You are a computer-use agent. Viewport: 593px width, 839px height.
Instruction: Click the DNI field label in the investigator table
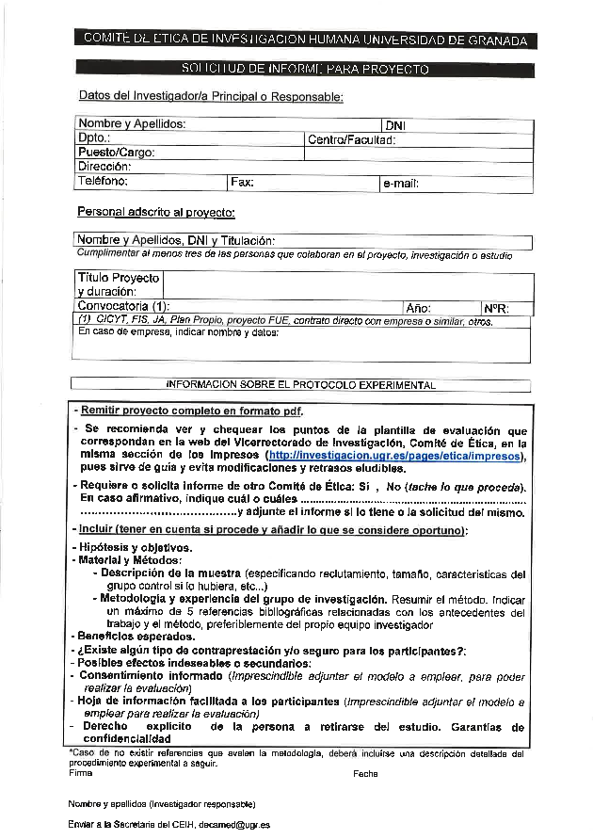[394, 125]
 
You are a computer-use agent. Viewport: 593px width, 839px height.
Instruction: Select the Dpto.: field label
[94, 138]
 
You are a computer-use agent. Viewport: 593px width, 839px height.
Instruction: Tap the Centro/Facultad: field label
[351, 139]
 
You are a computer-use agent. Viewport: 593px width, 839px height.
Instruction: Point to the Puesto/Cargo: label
[116, 153]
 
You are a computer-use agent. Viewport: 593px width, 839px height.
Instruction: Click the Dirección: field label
[104, 167]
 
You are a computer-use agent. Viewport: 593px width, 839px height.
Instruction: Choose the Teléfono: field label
[103, 181]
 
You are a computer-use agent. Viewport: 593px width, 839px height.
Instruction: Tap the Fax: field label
[242, 182]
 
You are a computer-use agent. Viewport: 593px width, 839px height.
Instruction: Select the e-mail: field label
[400, 184]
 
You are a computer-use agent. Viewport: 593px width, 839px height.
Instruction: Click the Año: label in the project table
[418, 308]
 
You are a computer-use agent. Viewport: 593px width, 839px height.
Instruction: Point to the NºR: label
[496, 308]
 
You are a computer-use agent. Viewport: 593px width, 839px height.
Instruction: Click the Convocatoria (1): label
[123, 307]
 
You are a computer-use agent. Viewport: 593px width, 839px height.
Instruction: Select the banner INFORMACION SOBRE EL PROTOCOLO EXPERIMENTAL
[301, 385]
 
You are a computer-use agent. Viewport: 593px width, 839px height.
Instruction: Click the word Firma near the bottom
[81, 774]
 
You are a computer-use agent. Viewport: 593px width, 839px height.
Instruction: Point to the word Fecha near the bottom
[365, 774]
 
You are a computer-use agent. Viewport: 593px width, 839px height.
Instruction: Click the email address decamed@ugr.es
[240, 825]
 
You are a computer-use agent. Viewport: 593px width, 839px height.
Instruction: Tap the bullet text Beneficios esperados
[137, 637]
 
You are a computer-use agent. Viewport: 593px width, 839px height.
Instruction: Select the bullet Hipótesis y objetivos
[136, 547]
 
